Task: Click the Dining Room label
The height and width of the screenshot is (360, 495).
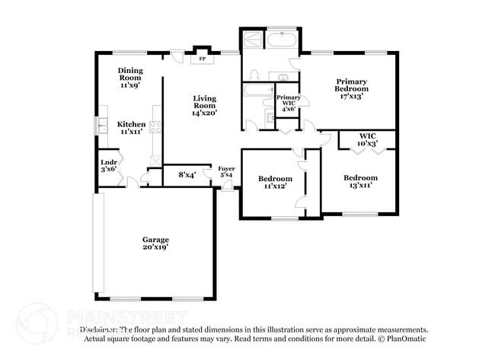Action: (130, 74)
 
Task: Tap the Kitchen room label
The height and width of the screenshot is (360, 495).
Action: (130, 124)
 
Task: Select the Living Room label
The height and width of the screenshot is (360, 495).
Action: (205, 102)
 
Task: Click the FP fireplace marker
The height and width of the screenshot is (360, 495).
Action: (202, 59)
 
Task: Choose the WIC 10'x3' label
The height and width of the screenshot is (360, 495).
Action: (368, 139)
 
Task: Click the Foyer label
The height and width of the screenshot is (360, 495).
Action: (226, 168)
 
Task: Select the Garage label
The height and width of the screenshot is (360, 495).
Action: (155, 240)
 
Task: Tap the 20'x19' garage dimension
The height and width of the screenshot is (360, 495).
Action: (155, 247)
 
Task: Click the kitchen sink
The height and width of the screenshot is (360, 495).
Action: (101, 125)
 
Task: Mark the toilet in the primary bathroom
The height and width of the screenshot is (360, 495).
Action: (256, 74)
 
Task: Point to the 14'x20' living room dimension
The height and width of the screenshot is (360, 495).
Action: (205, 113)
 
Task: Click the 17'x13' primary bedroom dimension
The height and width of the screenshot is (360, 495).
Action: (351, 96)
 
